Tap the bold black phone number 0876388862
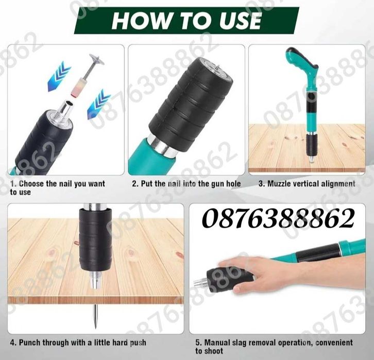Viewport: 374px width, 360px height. coord(278,218)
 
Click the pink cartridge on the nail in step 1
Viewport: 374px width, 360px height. coord(77,88)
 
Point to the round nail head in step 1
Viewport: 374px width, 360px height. coord(97,60)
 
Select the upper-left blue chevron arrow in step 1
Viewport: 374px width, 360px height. coord(59,76)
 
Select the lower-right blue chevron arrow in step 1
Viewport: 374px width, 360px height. coord(98,105)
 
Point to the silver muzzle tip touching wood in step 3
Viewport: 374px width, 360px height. coord(312,159)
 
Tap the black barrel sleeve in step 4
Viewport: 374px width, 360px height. coord(95,239)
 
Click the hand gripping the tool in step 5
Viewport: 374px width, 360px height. coord(248,274)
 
